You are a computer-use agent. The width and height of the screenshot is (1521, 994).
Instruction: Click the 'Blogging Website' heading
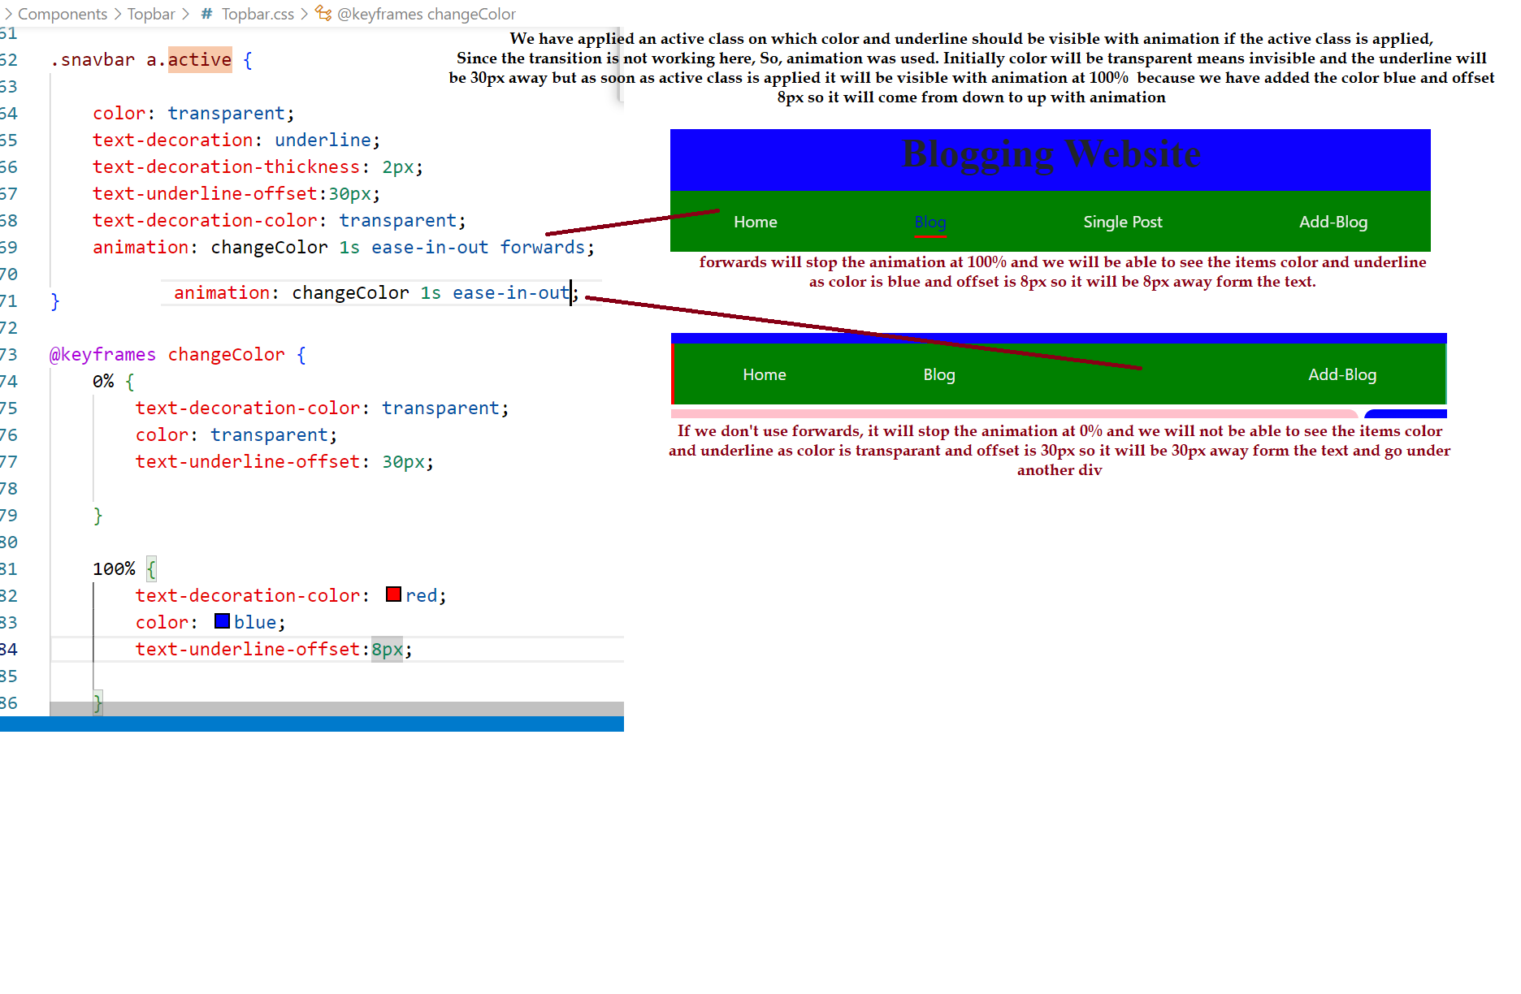(x=1051, y=155)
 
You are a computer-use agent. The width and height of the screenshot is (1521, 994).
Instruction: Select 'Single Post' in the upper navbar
(x=1123, y=222)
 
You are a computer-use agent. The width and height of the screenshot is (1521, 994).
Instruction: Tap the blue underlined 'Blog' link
(x=930, y=223)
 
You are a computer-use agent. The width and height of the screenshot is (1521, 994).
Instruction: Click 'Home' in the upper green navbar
(x=756, y=222)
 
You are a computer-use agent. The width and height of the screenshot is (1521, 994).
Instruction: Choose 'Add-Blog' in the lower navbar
(x=1342, y=374)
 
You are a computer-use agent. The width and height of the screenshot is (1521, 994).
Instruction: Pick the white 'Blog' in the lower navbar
(x=939, y=374)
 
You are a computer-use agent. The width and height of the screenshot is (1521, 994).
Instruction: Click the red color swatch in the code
(x=393, y=594)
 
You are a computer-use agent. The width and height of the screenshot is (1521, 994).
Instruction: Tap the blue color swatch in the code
(x=222, y=621)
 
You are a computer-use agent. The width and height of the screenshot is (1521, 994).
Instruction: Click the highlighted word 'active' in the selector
(x=200, y=59)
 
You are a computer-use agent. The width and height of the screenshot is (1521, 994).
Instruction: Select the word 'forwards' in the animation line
(x=542, y=247)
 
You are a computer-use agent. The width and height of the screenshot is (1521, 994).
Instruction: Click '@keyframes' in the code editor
(x=102, y=355)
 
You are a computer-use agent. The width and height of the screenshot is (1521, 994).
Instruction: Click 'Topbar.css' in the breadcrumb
(x=258, y=14)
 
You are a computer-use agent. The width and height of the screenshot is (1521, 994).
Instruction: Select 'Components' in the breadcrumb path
(x=63, y=14)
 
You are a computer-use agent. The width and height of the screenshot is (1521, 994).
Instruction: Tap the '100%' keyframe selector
(x=114, y=568)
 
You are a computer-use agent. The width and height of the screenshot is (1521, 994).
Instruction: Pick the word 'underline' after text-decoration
(x=323, y=140)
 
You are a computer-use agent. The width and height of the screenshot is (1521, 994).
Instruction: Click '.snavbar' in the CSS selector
(x=93, y=60)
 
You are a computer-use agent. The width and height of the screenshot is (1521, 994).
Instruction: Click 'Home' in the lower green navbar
(x=765, y=374)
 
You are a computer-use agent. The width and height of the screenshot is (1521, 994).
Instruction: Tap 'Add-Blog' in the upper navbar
(x=1333, y=222)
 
